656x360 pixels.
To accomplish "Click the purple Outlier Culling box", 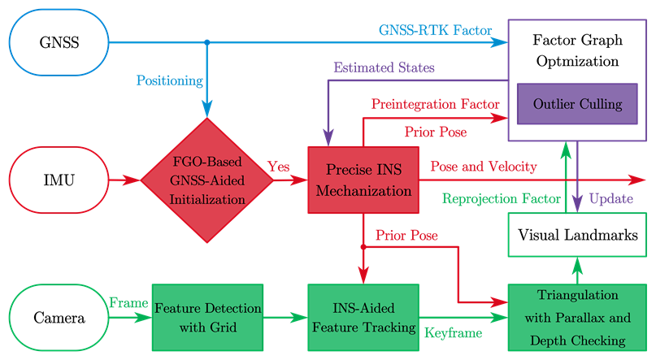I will (577, 104).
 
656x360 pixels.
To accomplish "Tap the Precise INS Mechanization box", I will (363, 180).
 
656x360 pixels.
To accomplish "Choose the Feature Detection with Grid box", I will (208, 317).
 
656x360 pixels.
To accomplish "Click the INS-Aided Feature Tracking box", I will (363, 317).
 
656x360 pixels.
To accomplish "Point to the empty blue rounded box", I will (59, 41).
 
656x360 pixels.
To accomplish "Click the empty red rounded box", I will (59, 180).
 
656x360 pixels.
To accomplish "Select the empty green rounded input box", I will (59, 316).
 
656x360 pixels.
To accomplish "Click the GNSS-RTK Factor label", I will (436, 31).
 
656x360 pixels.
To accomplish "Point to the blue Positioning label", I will (169, 80).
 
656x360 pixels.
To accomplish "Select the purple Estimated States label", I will (384, 67).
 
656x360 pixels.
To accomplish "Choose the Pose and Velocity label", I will (483, 167).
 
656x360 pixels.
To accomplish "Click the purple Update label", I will (610, 198).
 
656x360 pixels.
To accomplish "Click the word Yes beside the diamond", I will (278, 167).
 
